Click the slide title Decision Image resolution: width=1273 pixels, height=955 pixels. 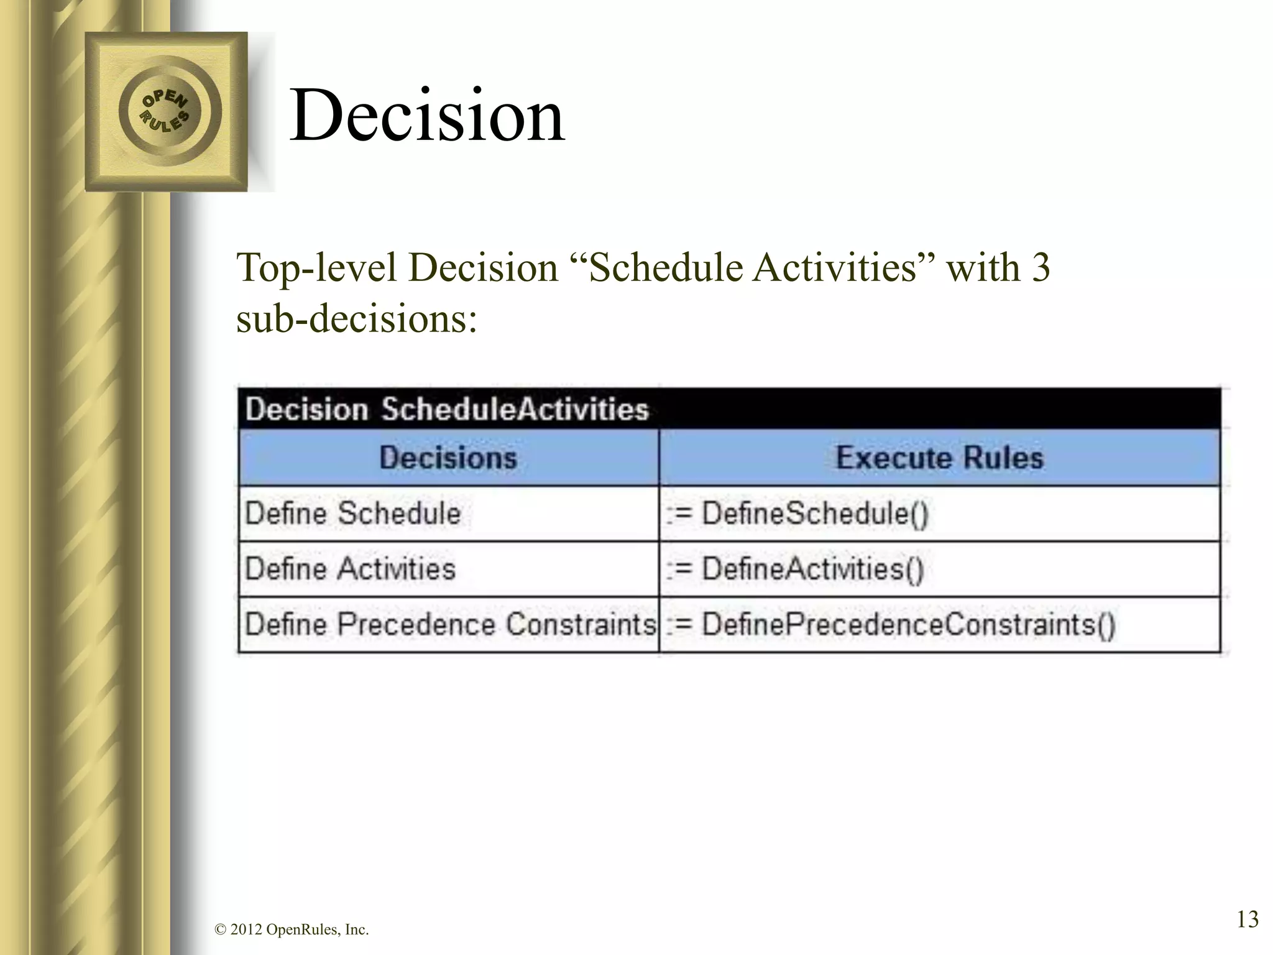(428, 116)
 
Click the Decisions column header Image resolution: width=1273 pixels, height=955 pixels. (448, 458)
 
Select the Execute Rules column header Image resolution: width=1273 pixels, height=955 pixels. (939, 458)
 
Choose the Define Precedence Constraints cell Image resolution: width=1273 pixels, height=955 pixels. (449, 625)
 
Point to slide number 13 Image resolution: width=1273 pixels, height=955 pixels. (1248, 919)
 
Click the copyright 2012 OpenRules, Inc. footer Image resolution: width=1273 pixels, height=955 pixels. (292, 930)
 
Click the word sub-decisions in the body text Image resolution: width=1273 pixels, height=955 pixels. (357, 320)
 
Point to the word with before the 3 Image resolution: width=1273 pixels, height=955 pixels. (983, 269)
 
